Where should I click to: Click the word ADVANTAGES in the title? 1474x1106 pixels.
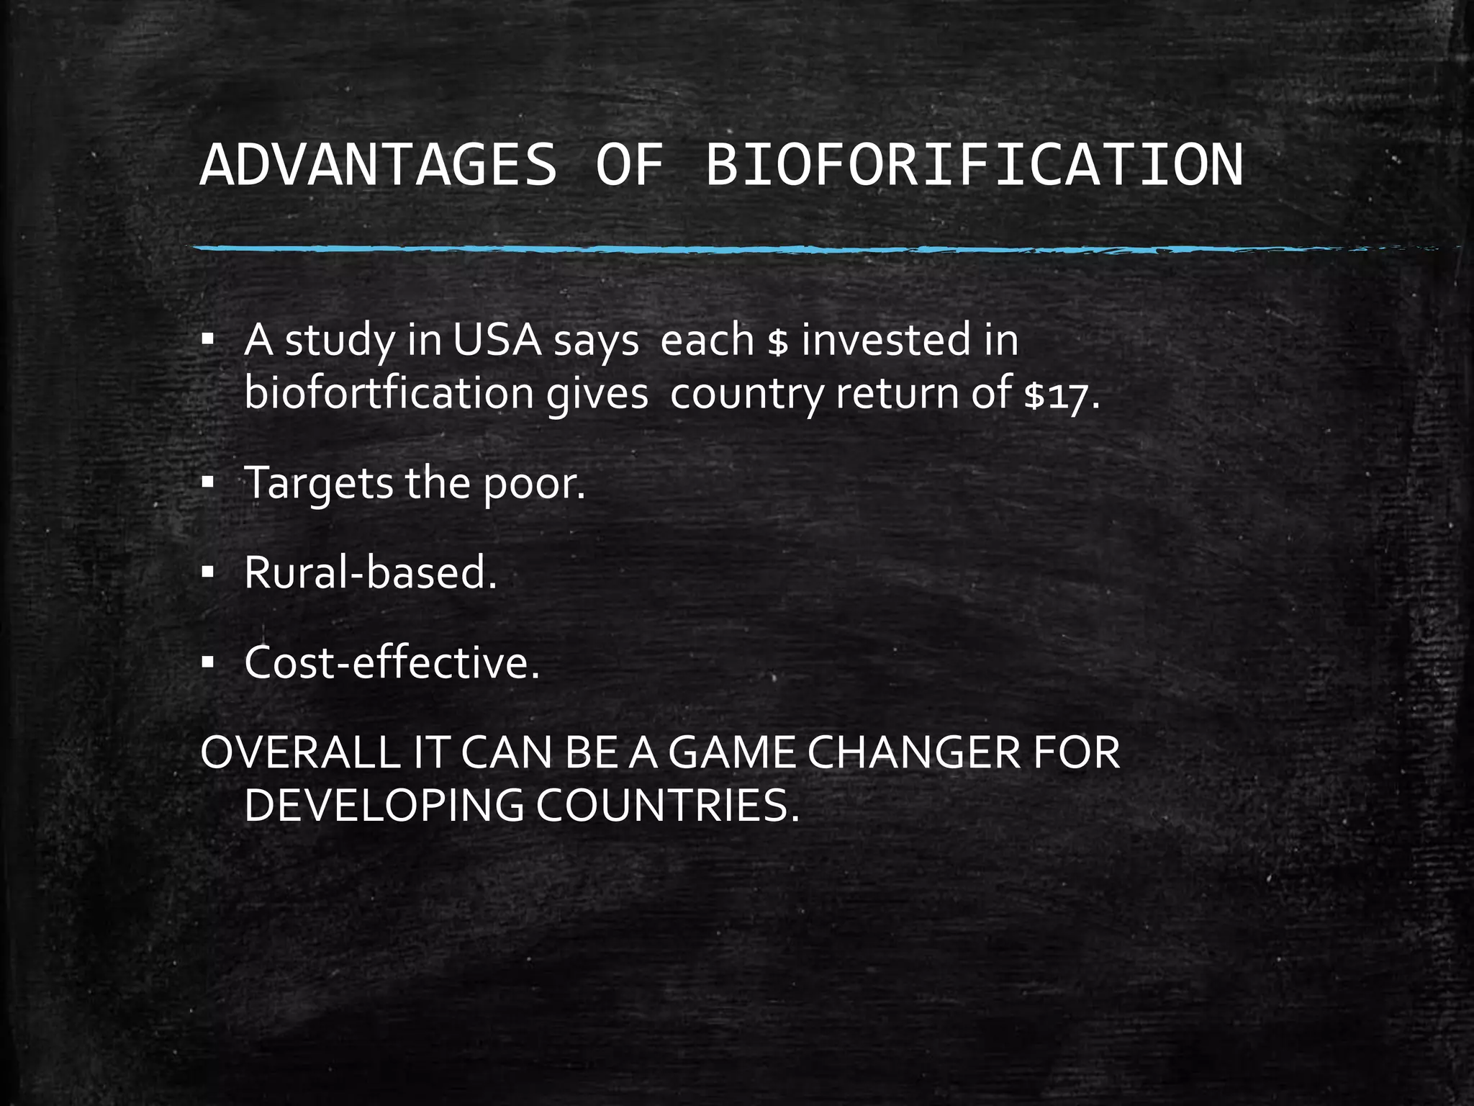(x=379, y=165)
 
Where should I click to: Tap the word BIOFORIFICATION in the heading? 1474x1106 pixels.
(x=974, y=165)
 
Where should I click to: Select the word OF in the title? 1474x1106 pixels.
(x=630, y=165)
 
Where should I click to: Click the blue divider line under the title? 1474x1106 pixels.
(x=720, y=249)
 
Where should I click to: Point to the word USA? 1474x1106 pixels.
(x=497, y=340)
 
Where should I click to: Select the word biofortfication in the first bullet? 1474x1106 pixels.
(x=389, y=394)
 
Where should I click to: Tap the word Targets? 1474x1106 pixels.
(x=319, y=484)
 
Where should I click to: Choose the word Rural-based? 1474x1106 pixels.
(x=371, y=573)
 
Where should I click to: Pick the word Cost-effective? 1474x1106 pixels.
(x=392, y=663)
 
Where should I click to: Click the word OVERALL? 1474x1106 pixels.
(x=300, y=753)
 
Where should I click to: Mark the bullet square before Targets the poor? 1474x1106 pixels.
(x=208, y=484)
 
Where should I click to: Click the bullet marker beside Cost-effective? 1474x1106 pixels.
(x=208, y=663)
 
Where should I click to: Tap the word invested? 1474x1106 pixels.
(x=886, y=340)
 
